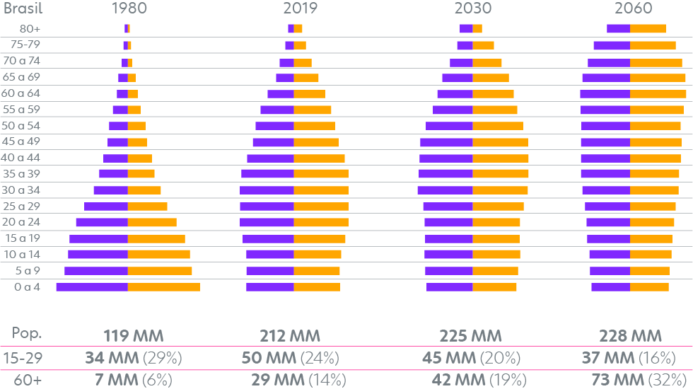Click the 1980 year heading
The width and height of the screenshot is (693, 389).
point(128,8)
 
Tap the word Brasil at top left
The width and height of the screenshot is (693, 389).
point(23,8)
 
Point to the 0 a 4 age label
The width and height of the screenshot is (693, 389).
point(27,286)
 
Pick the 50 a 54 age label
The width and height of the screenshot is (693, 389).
point(22,125)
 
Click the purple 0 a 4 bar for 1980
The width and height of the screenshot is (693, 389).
point(92,286)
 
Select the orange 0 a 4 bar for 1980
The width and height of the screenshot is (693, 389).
point(164,286)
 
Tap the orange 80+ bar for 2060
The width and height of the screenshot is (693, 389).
point(648,28)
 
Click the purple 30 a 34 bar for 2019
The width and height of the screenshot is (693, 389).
point(267,190)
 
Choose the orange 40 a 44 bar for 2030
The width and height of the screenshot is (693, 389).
point(501,158)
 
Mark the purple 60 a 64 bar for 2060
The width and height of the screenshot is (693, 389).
point(605,93)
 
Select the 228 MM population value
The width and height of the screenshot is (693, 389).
point(630,335)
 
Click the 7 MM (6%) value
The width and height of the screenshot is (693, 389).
point(134,380)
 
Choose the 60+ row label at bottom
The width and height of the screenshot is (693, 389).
point(28,380)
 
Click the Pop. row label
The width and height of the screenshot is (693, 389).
point(28,335)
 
